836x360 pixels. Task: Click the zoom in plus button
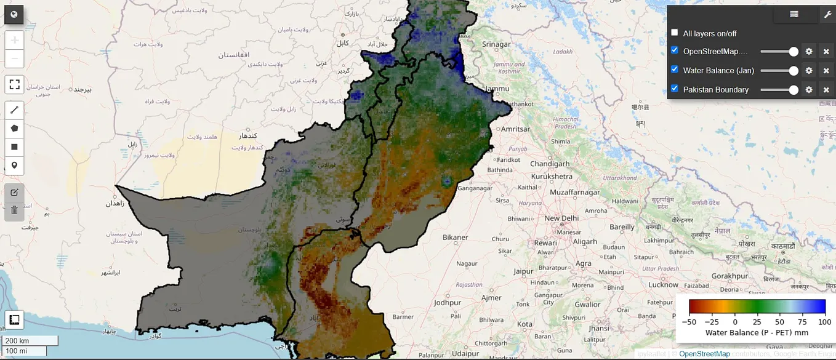tap(14, 40)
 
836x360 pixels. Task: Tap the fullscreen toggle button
tap(14, 84)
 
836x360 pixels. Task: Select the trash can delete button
tap(14, 210)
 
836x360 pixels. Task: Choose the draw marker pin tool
tap(14, 166)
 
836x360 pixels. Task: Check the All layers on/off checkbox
tap(675, 33)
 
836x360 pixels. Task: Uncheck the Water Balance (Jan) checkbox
tap(675, 70)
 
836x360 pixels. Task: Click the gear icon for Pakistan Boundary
tap(809, 90)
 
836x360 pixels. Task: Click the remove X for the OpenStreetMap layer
tap(826, 52)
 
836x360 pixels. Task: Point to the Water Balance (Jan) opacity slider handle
tap(794, 71)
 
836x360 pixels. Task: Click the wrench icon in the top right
tap(827, 14)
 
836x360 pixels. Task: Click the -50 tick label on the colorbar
tap(688, 322)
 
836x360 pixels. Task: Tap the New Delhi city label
tap(561, 218)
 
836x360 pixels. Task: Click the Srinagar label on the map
tap(496, 44)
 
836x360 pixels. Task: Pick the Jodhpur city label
tap(447, 303)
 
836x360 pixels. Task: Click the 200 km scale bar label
tap(17, 341)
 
